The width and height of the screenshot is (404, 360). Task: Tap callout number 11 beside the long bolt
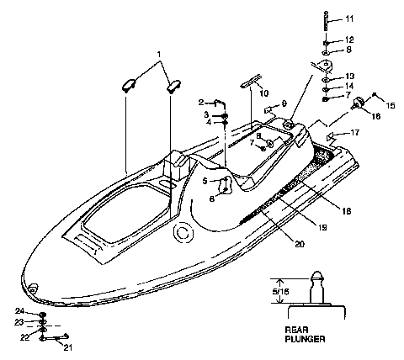[350, 19]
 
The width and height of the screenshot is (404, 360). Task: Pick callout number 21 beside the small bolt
[69, 347]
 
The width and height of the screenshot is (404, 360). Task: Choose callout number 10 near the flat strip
[264, 93]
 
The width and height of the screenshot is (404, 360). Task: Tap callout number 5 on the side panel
[205, 180]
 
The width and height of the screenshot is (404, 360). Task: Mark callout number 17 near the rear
[355, 132]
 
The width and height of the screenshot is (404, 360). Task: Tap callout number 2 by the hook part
[201, 103]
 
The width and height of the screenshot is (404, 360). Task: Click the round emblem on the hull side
[179, 233]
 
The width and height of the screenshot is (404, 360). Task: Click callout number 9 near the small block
[284, 103]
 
